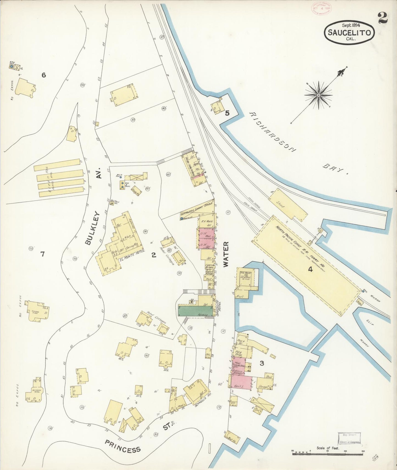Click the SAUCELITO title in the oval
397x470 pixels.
[x=350, y=33]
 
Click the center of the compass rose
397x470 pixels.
[x=318, y=95]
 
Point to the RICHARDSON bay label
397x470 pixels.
[x=273, y=132]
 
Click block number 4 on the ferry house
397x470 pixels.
[x=310, y=269]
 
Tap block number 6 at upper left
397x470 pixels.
[x=43, y=75]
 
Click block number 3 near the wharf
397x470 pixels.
[x=262, y=363]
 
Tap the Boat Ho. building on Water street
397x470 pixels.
[x=232, y=438]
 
